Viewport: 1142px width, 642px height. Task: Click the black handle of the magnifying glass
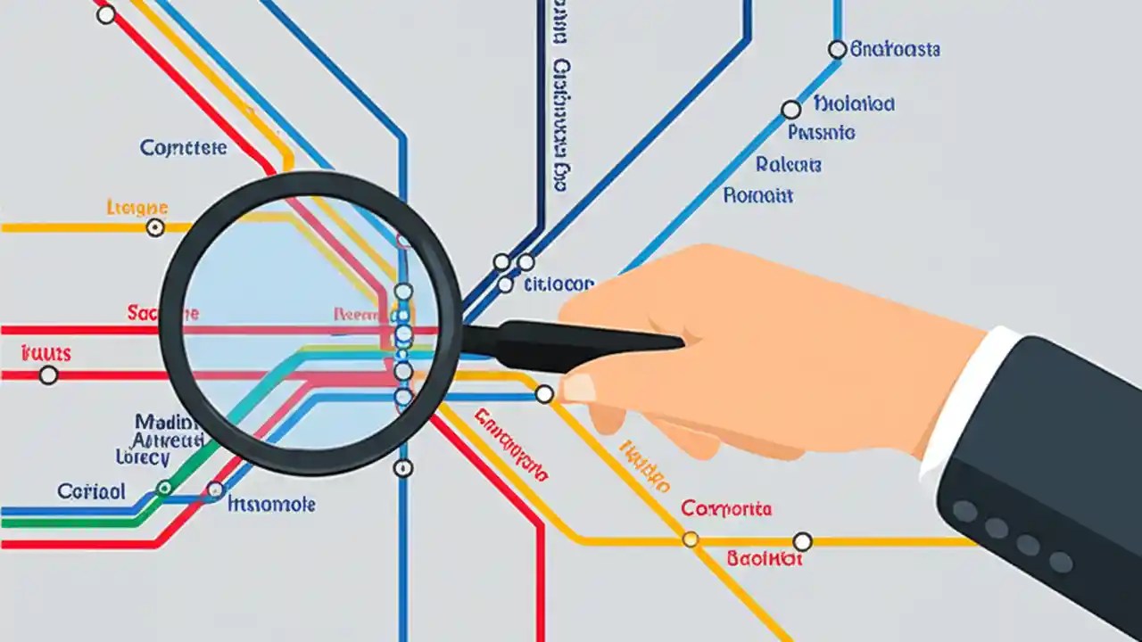(x=571, y=346)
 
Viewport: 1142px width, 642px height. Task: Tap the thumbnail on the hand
(x=579, y=388)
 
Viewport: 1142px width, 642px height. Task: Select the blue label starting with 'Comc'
(x=183, y=148)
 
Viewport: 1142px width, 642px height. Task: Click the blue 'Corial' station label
(x=91, y=491)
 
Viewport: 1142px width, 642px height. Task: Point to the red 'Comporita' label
(x=726, y=509)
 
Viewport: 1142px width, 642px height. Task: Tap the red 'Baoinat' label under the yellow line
(x=765, y=559)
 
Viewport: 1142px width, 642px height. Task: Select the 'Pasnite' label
(x=821, y=133)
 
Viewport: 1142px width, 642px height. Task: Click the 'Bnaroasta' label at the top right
(x=895, y=49)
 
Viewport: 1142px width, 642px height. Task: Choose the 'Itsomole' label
(x=271, y=505)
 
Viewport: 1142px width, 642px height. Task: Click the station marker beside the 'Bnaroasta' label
(x=837, y=50)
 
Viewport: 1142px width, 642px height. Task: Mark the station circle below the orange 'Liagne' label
(x=155, y=227)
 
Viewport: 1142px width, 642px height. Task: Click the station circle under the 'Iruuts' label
(x=49, y=375)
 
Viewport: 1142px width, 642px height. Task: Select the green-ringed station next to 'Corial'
(x=164, y=488)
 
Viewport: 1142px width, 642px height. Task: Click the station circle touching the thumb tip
(x=544, y=394)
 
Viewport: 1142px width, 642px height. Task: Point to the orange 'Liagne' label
(x=137, y=207)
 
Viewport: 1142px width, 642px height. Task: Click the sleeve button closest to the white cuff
(x=964, y=511)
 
